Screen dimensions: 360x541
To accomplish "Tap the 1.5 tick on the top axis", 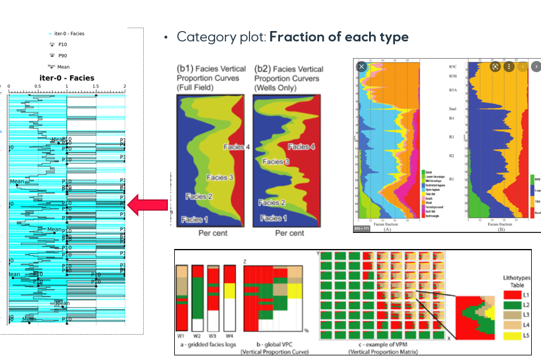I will (x=96, y=87).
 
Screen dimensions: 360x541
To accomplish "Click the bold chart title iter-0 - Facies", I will (x=66, y=78).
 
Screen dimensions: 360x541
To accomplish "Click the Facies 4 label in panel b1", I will (x=236, y=147).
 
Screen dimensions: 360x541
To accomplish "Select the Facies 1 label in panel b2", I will (x=273, y=219).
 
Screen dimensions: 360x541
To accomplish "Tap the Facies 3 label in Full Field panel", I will (x=219, y=177).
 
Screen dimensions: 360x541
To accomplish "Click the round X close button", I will (x=361, y=66).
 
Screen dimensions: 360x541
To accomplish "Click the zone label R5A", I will (x=454, y=90).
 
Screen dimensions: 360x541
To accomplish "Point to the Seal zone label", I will (x=453, y=108).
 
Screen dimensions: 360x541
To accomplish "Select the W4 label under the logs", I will (x=229, y=336).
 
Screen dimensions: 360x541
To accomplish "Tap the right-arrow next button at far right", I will (x=535, y=66).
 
